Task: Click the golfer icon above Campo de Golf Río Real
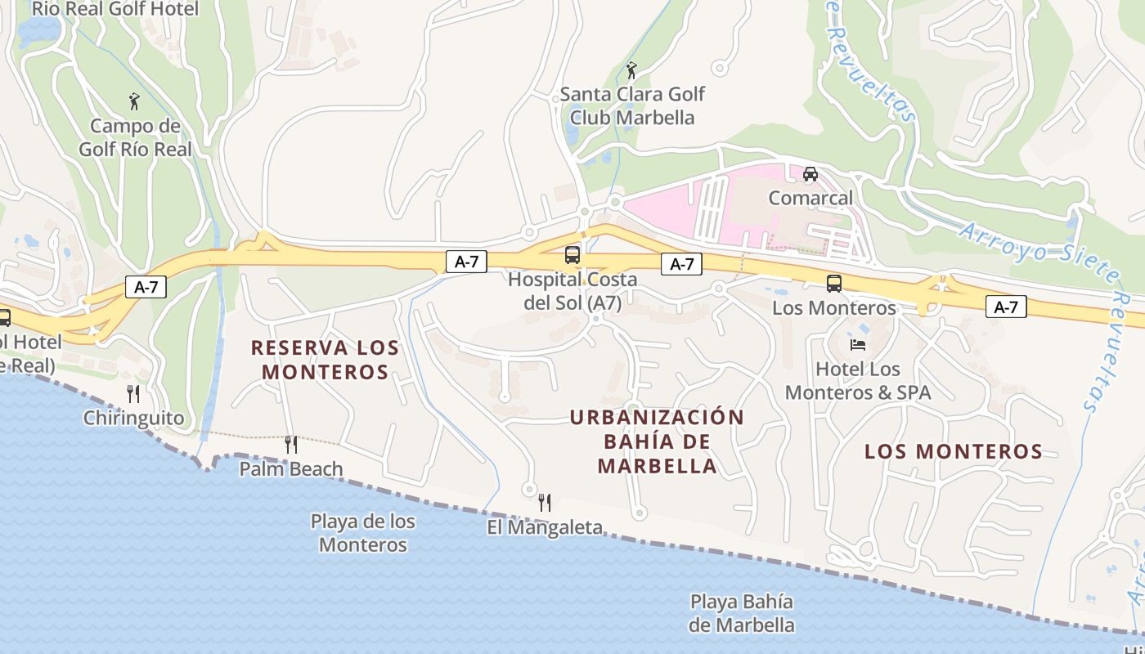point(135,102)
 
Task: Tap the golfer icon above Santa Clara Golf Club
point(631,71)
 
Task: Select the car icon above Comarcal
point(810,174)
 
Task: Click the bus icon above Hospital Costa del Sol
point(572,255)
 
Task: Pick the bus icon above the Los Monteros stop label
point(834,284)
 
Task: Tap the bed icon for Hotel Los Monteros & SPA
point(858,345)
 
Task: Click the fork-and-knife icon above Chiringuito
point(133,394)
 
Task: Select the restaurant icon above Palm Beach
point(290,445)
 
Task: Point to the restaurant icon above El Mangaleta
point(545,502)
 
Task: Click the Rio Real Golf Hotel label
point(115,9)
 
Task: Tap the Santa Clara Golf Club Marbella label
point(632,105)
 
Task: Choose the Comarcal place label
point(810,198)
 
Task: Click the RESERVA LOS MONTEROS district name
point(325,360)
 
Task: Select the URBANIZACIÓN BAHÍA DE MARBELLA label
point(657,441)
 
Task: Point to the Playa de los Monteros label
point(363,532)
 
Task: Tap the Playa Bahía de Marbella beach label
point(741,613)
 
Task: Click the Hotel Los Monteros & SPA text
point(858,381)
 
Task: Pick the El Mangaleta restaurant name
point(545,527)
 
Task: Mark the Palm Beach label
point(290,469)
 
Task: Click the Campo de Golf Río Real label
point(135,137)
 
